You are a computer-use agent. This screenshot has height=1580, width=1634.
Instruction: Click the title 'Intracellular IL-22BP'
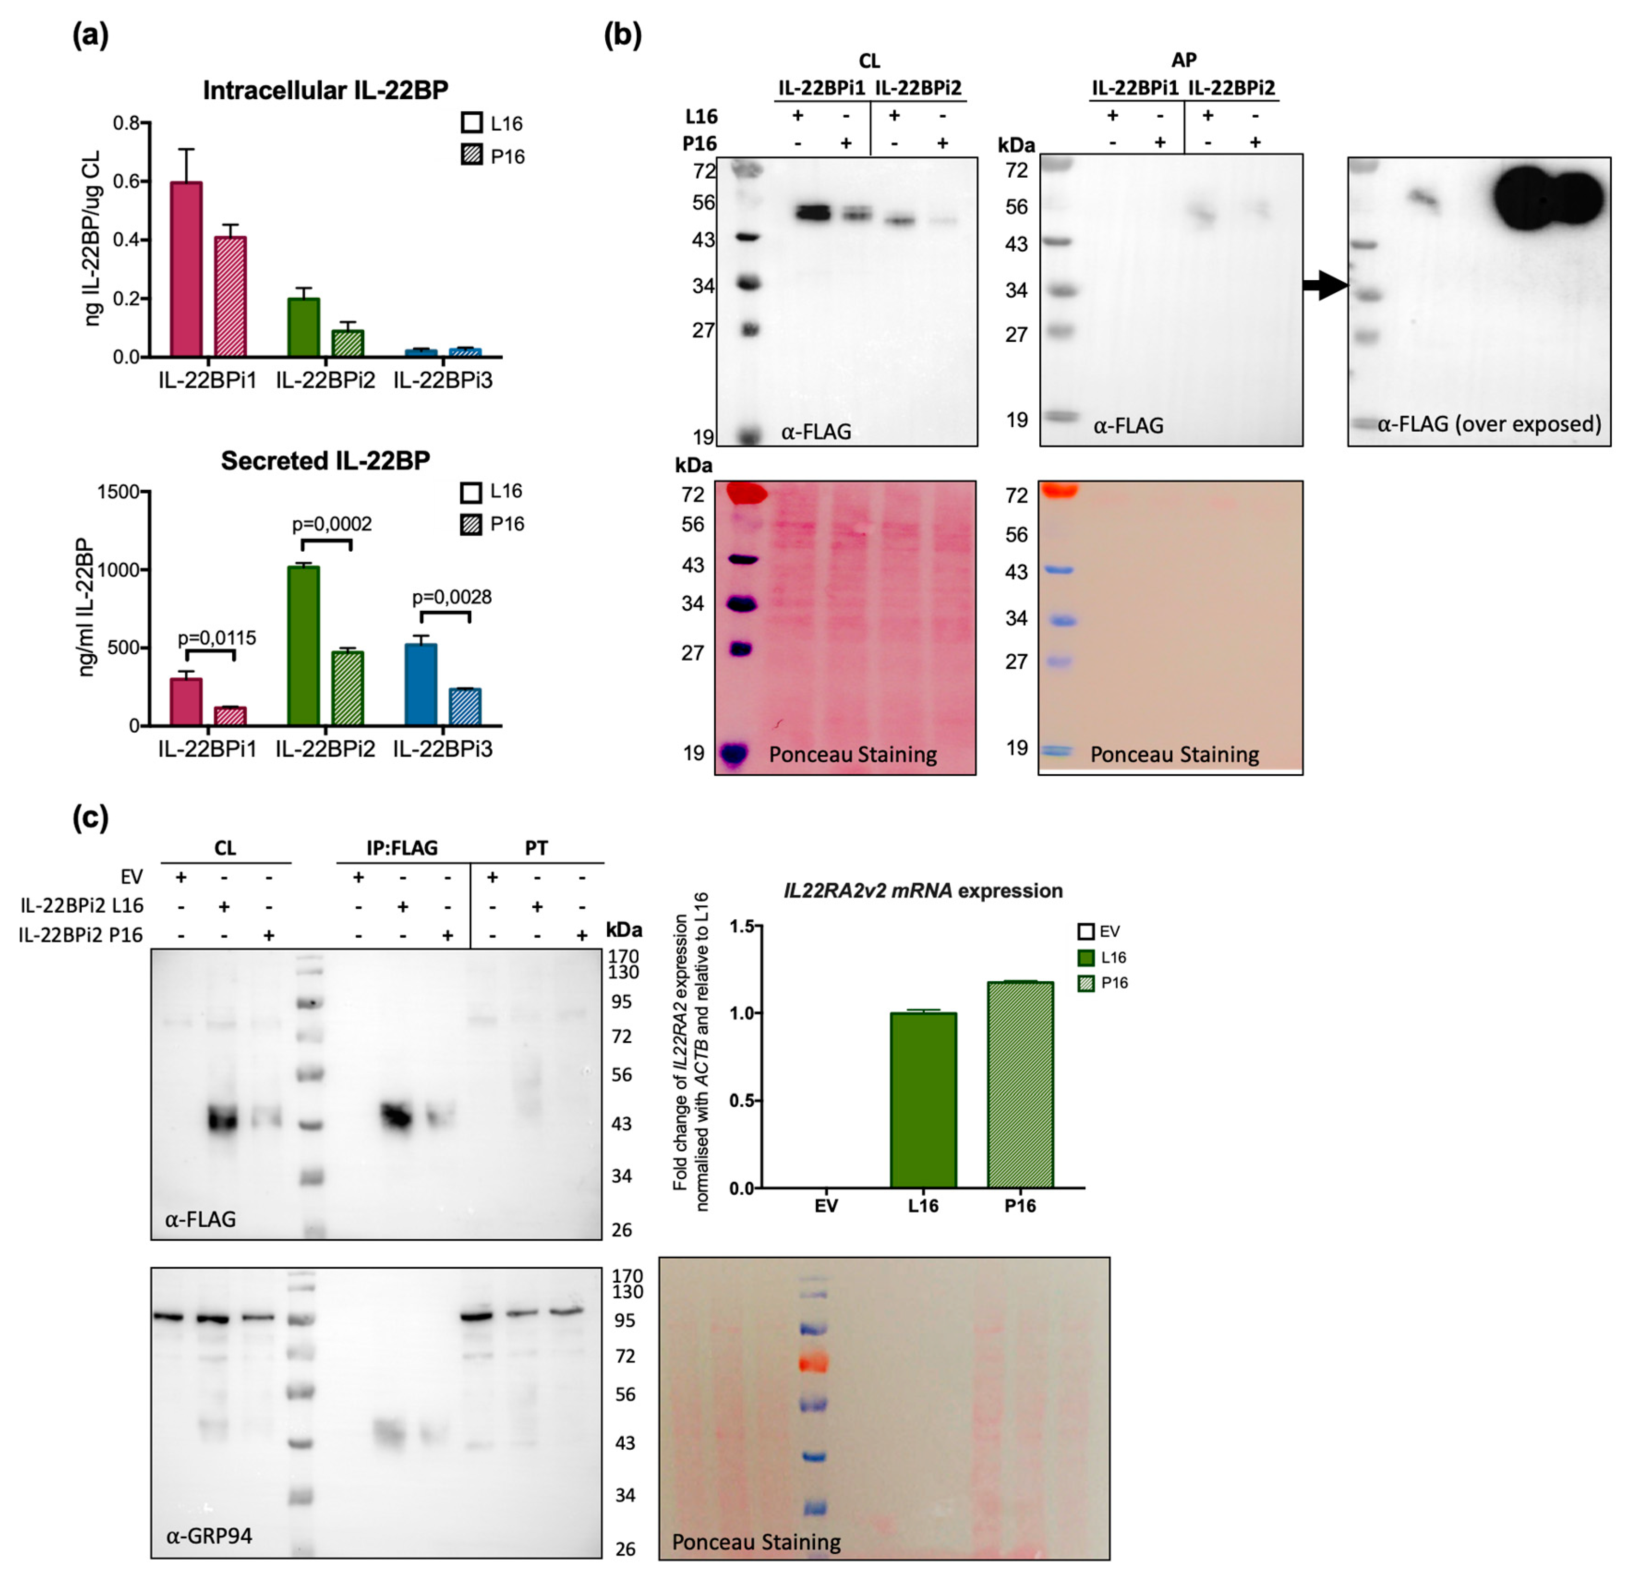tap(325, 90)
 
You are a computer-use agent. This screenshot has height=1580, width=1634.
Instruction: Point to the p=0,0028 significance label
tap(452, 597)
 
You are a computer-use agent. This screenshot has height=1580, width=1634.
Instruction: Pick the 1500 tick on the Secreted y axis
tap(118, 492)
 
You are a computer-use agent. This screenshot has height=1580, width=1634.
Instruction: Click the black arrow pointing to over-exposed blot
tap(1326, 286)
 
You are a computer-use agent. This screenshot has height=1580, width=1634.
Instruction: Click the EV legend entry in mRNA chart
tap(1099, 931)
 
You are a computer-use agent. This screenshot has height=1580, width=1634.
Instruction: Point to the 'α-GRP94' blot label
tap(209, 1535)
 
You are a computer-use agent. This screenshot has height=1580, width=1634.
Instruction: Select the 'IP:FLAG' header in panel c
tap(402, 848)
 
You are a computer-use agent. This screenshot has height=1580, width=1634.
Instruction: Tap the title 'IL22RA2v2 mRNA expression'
tap(923, 891)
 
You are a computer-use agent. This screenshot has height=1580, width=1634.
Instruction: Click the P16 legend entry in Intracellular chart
tap(492, 156)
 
